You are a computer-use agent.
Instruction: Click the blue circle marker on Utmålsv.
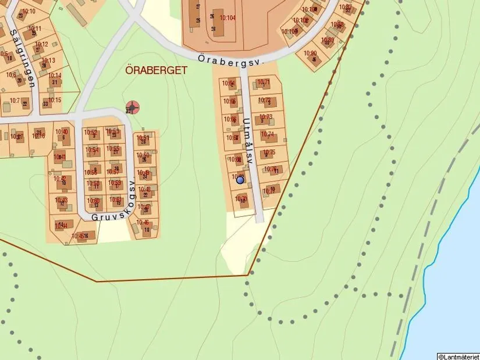pyautogui.click(x=240, y=180)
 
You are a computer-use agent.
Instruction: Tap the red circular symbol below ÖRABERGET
pyautogui.click(x=133, y=107)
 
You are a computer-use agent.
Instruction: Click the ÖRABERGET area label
pyautogui.click(x=157, y=70)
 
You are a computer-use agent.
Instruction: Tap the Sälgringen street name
pyautogui.click(x=23, y=58)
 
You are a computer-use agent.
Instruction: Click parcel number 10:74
pyautogui.click(x=267, y=134)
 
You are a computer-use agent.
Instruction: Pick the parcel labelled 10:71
pyautogui.click(x=264, y=83)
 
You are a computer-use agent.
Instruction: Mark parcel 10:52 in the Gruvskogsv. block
pyautogui.click(x=91, y=133)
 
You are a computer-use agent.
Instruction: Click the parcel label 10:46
pyautogui.click(x=143, y=223)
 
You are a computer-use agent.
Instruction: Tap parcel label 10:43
pyautogui.click(x=61, y=200)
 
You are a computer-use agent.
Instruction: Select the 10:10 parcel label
pyautogui.click(x=27, y=11)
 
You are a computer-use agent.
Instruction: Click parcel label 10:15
pyautogui.click(x=54, y=100)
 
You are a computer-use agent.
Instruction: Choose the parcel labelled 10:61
pyautogui.click(x=115, y=199)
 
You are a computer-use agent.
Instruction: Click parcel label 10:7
pyautogui.click(x=14, y=101)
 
